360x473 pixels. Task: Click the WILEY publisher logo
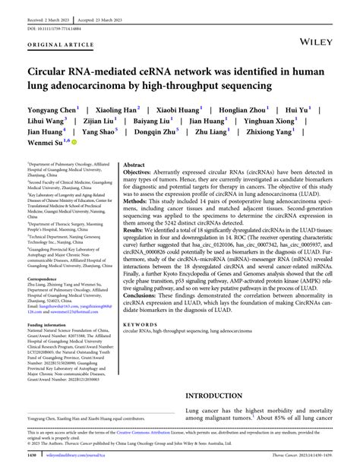(317, 33)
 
